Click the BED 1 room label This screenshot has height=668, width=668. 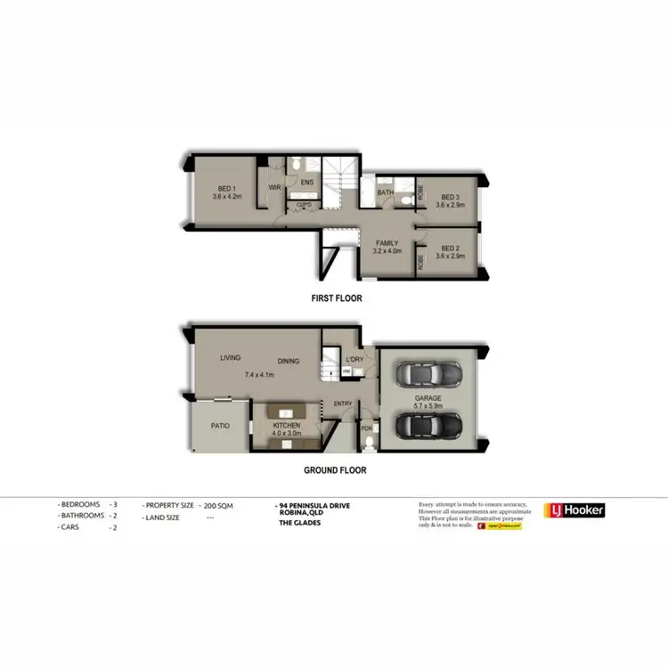click(x=226, y=188)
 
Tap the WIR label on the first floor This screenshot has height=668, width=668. click(x=275, y=188)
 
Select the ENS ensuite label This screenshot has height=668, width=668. click(x=307, y=183)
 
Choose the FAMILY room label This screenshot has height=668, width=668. click(x=387, y=242)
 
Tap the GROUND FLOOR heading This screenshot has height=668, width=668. click(x=334, y=470)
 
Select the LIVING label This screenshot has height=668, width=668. click(x=231, y=358)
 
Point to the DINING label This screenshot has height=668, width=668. click(x=287, y=361)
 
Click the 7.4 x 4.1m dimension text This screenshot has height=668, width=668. click(x=260, y=375)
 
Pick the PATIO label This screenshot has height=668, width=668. click(x=220, y=426)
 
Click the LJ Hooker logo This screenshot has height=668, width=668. click(x=574, y=510)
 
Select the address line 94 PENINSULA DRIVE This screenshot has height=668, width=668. click(x=315, y=506)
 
